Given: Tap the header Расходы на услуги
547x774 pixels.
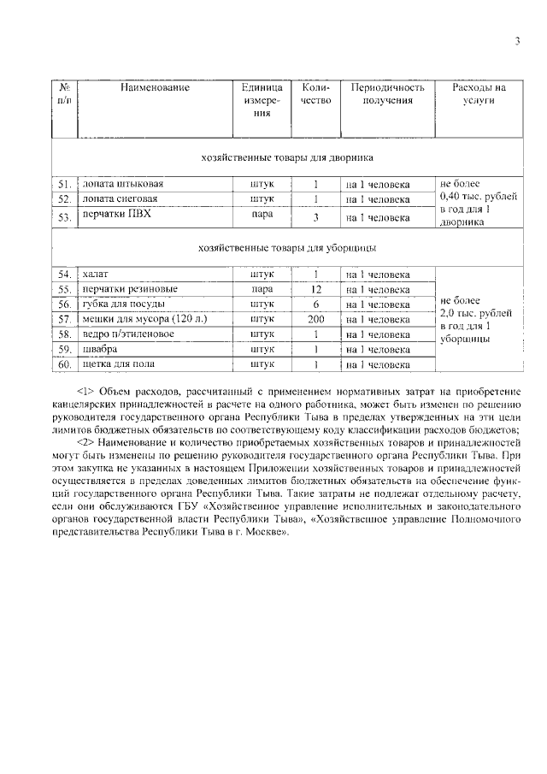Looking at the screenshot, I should click(478, 94).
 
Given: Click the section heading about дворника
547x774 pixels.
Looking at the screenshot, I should click(285, 158).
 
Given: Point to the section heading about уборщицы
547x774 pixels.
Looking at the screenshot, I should click(285, 249).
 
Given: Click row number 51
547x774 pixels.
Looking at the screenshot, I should click(63, 185).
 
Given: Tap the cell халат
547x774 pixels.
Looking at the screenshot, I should click(94, 275).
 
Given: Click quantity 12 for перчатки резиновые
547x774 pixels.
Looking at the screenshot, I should click(315, 290).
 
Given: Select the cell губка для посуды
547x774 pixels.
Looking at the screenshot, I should click(119, 304).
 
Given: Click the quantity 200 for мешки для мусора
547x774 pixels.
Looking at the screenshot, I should click(315, 319).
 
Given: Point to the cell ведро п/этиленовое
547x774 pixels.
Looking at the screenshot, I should click(127, 334).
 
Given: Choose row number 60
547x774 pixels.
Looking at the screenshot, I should click(63, 365).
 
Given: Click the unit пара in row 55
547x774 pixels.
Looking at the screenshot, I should click(262, 290).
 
